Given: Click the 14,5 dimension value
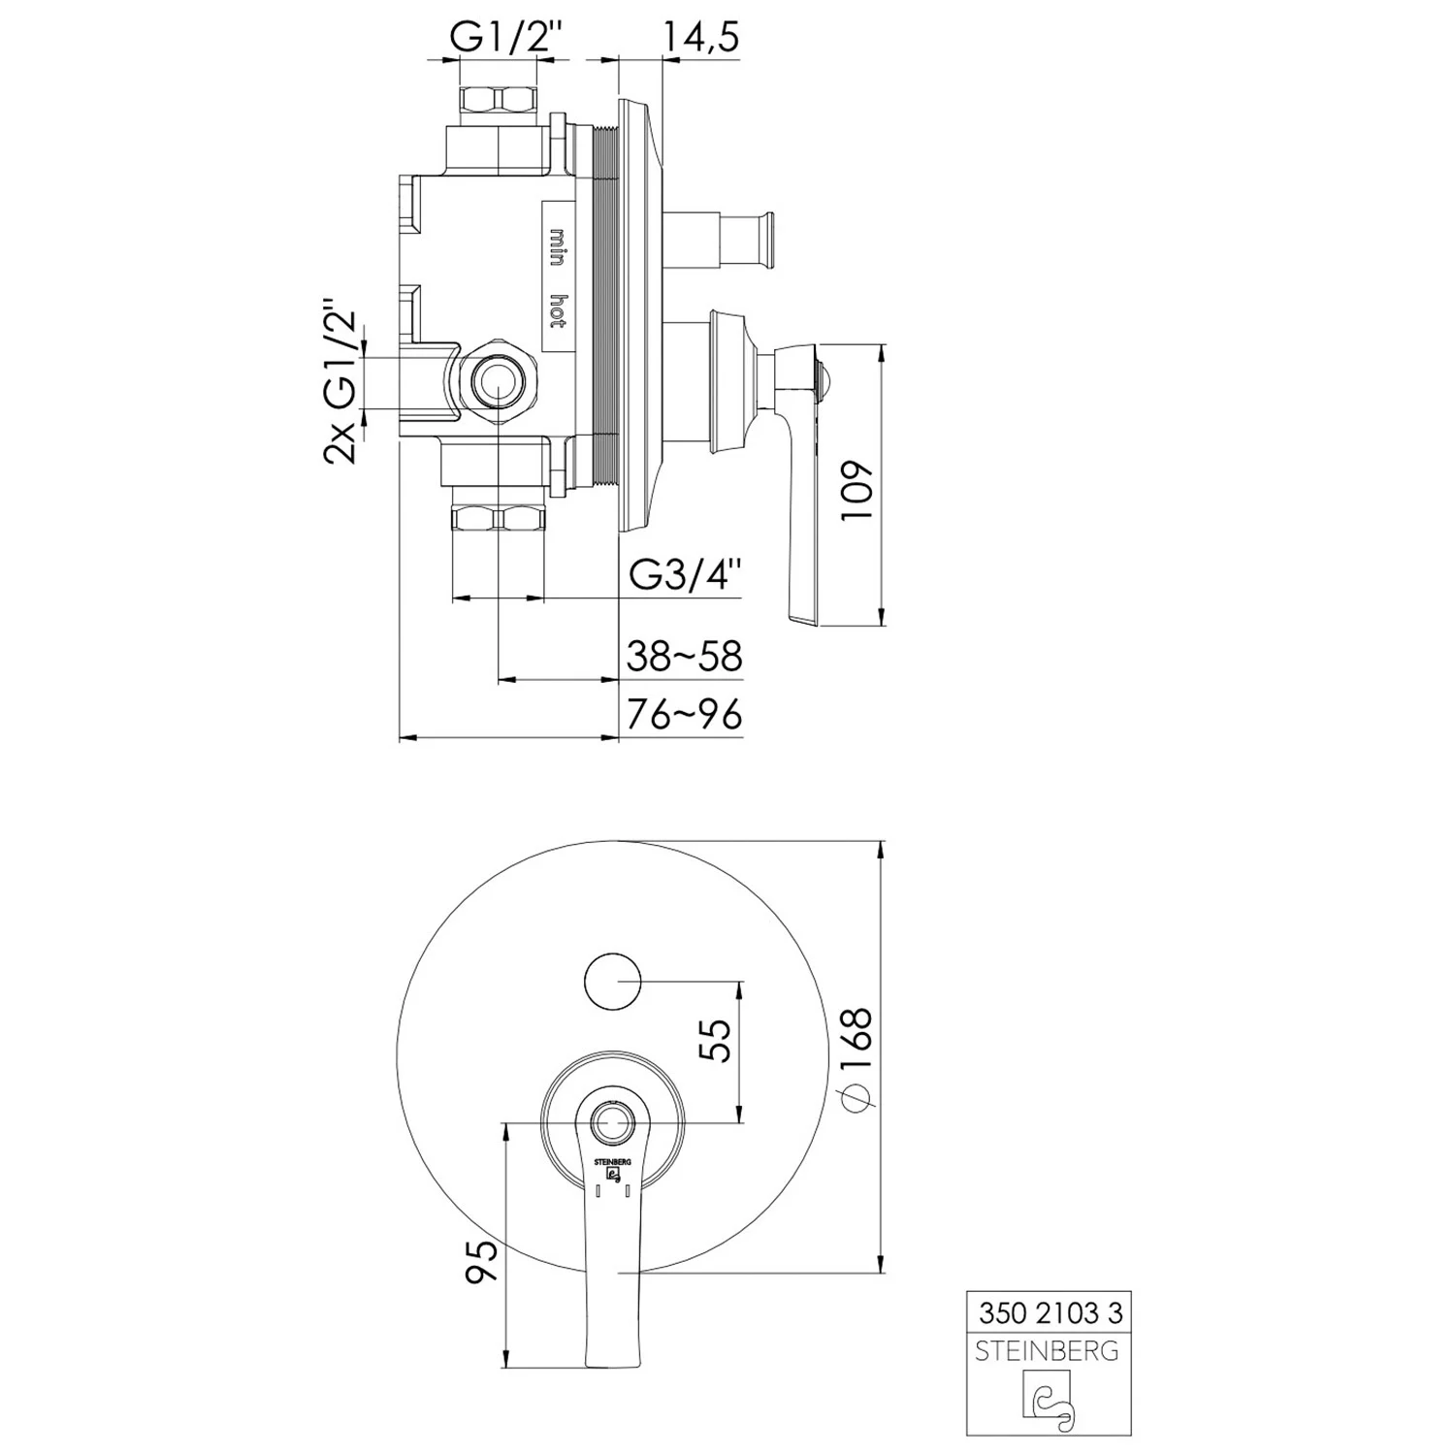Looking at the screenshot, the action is pos(700,37).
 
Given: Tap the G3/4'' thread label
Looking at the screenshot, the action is pos(686,576).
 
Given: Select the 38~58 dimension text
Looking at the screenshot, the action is pos(684,657).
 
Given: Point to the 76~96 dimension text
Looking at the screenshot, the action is pos(684,715).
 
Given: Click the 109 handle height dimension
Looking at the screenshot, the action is pos(858,491).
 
